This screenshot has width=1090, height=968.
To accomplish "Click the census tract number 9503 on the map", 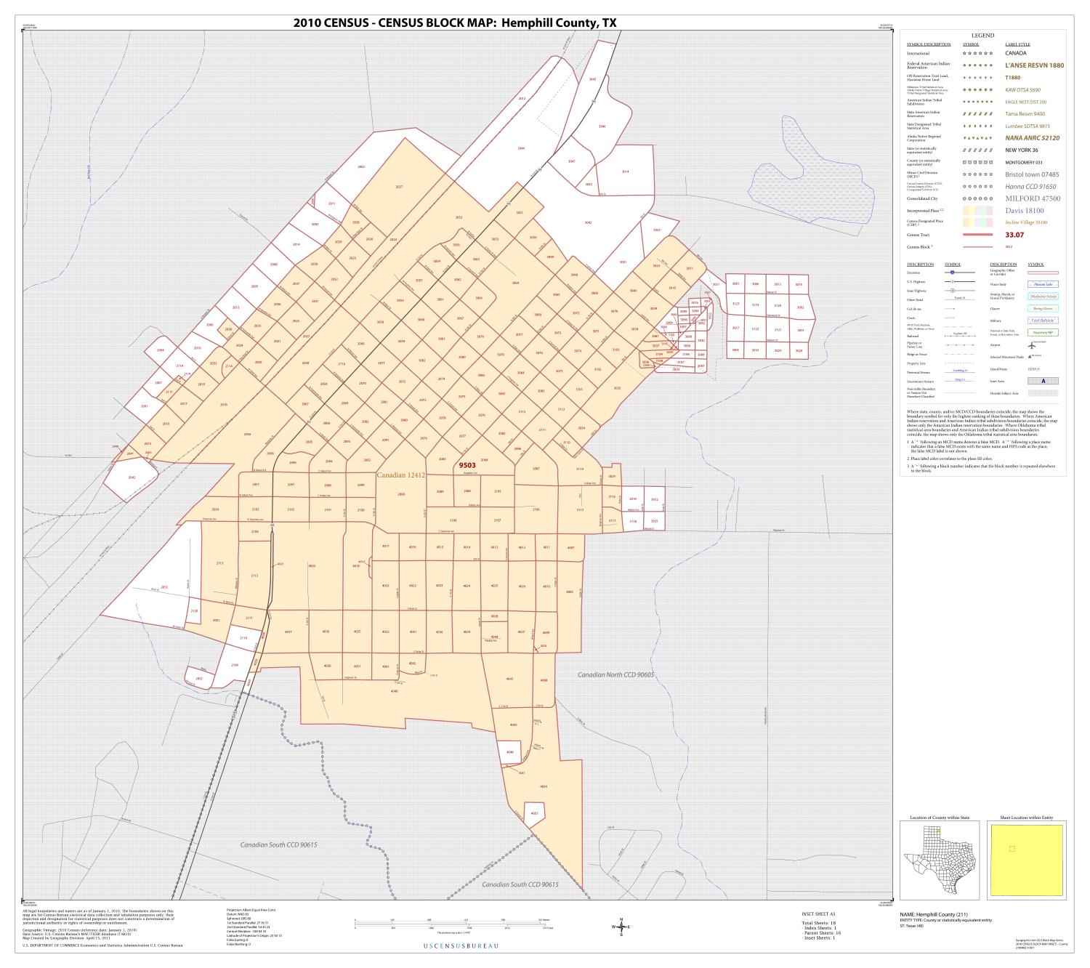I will click(x=465, y=466).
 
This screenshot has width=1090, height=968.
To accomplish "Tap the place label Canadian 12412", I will click(x=400, y=475).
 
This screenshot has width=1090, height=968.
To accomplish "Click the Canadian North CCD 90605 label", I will click(x=615, y=675).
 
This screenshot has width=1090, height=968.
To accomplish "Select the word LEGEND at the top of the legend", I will click(x=982, y=36).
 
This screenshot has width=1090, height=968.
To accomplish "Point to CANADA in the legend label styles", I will click(x=1015, y=53).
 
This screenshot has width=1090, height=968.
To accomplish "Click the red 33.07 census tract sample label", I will click(x=1014, y=235).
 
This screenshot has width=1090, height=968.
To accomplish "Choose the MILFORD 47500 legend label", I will click(x=1033, y=198).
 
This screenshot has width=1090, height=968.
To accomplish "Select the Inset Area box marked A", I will click(x=1043, y=381).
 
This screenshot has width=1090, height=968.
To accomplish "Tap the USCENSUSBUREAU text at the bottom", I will click(x=461, y=945).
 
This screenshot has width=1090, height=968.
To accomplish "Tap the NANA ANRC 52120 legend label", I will click(x=1032, y=137).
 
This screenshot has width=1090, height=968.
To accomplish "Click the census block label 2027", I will click(x=399, y=187).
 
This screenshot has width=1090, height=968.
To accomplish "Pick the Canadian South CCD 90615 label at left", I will click(x=279, y=845).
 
